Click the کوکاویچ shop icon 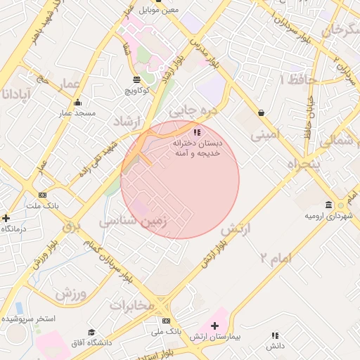coord(136,79)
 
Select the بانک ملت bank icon coord(43,195)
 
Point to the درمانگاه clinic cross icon coord(6,218)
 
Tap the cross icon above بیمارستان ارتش coord(214,326)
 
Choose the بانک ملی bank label coord(167,330)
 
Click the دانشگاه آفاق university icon coord(91,332)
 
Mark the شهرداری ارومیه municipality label coord(327,215)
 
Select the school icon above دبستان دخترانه coord(198,131)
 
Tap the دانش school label coord(275,346)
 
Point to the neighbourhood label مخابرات coord(131,305)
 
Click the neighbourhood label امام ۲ coord(274,259)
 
